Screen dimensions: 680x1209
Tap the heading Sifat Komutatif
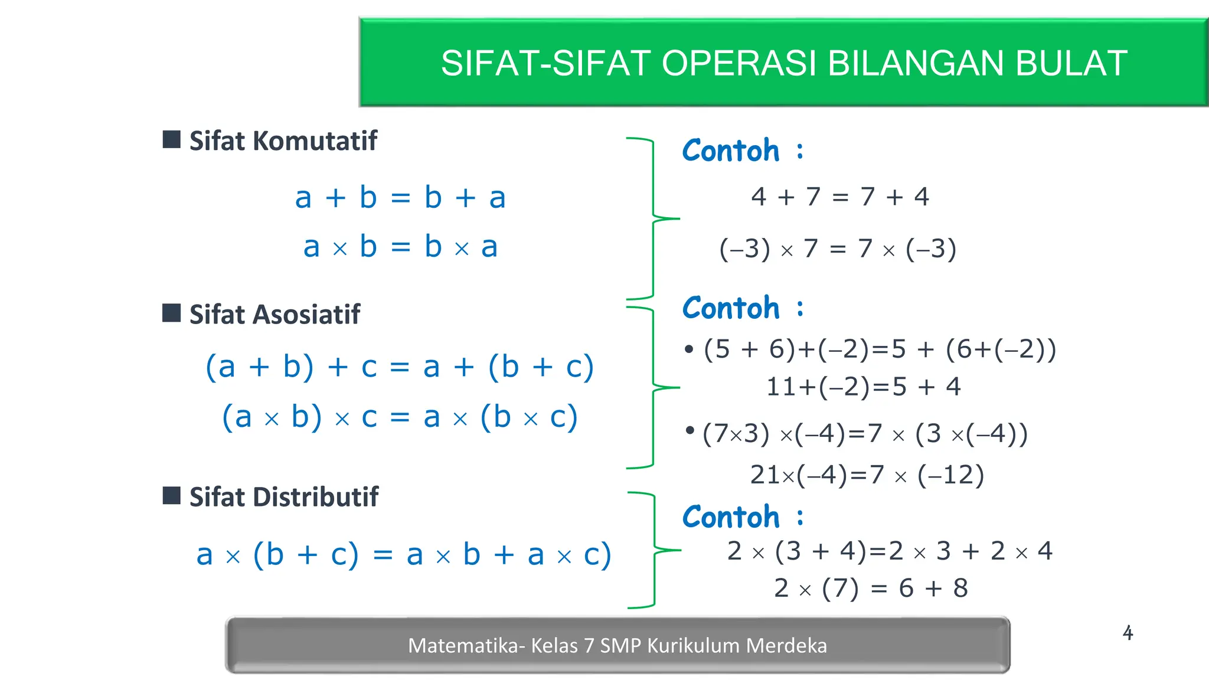(x=283, y=141)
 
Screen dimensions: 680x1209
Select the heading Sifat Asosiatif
(x=275, y=314)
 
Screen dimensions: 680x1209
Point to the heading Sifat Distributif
(x=283, y=496)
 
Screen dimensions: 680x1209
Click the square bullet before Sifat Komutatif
(x=171, y=140)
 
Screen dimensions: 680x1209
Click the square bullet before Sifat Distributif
(x=171, y=495)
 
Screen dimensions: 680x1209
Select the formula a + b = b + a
(x=400, y=197)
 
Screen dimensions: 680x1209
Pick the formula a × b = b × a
(x=400, y=247)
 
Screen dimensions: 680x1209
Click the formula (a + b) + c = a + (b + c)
(x=399, y=367)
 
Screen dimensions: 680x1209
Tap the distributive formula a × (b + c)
(x=404, y=555)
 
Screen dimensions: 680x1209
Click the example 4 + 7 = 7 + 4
(x=839, y=197)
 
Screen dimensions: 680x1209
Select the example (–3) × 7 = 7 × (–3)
(x=837, y=249)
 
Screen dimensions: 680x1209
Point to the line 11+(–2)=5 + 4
(x=863, y=387)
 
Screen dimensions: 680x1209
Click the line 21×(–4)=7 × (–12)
(x=867, y=475)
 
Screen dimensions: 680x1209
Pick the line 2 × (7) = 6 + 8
(x=871, y=588)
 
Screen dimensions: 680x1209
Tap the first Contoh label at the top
(x=731, y=151)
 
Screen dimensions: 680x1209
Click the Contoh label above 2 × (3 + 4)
(x=731, y=517)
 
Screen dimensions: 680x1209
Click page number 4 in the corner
(x=1128, y=633)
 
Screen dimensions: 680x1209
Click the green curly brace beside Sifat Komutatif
(x=653, y=218)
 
